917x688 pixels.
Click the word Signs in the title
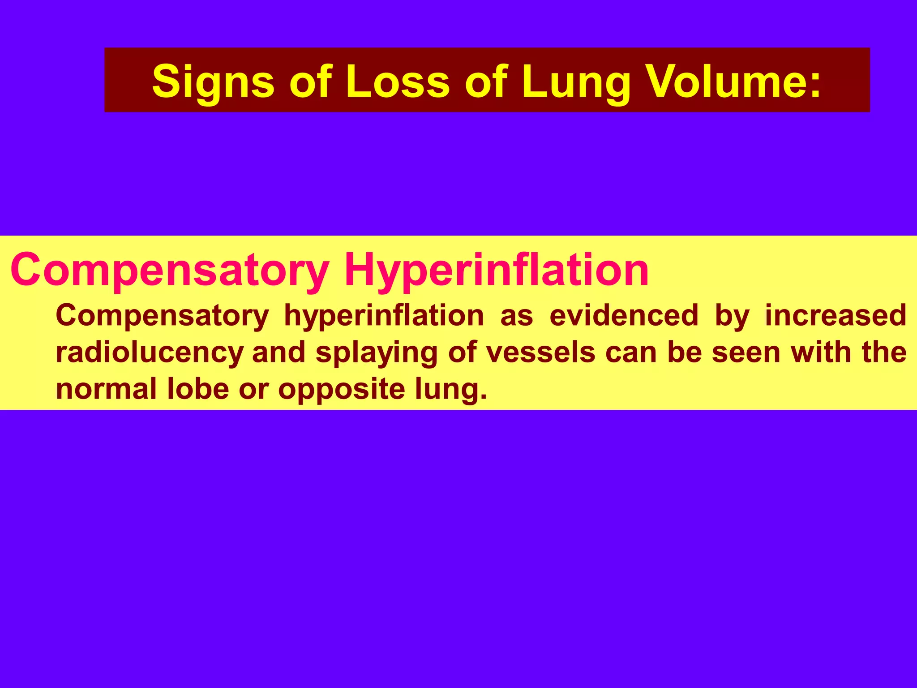pos(213,82)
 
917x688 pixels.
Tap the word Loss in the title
pos(398,82)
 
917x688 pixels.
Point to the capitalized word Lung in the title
pos(577,82)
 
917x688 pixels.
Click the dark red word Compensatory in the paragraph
pos(162,316)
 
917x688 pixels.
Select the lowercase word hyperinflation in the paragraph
pos(384,316)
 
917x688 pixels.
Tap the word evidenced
pos(623,316)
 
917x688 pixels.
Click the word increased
pos(836,316)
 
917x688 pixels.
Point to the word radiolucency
pos(149,353)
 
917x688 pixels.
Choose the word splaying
pos(376,353)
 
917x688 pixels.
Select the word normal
pos(106,389)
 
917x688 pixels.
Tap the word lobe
pos(197,389)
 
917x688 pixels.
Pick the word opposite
pos(341,389)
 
